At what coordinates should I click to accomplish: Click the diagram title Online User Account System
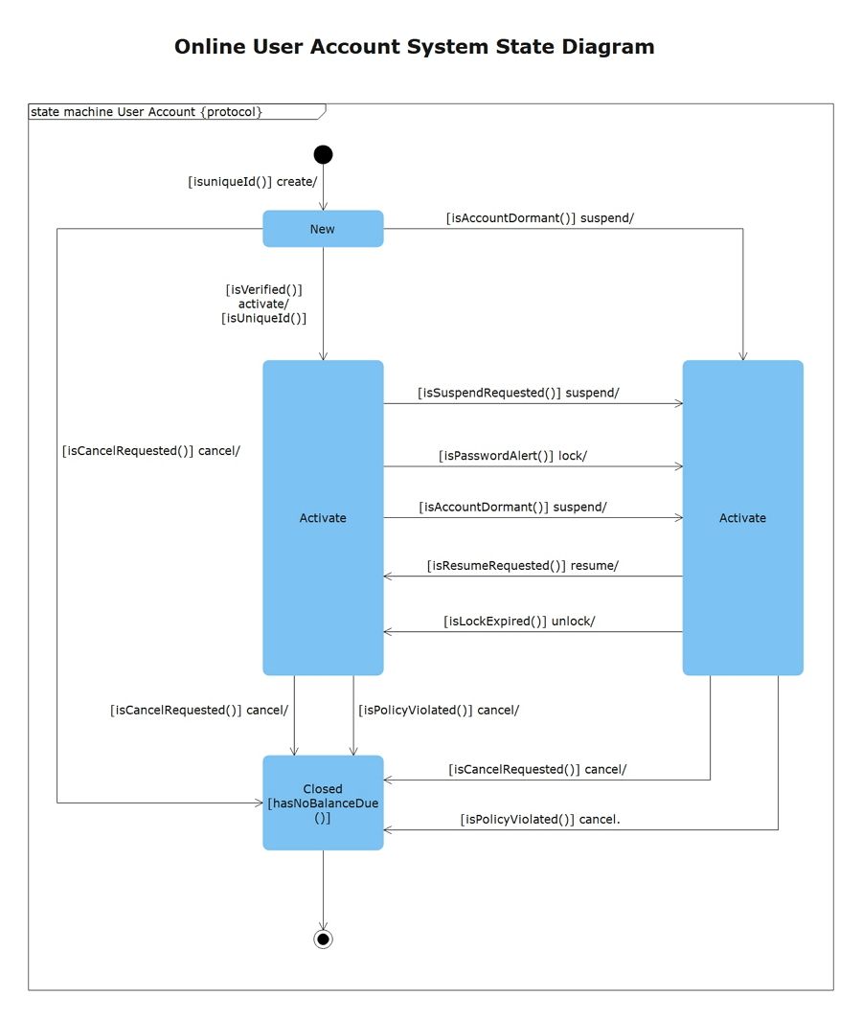point(414,46)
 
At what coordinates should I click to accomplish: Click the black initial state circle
point(323,154)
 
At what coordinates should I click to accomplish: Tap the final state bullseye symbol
point(323,939)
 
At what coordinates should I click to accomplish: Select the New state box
point(323,229)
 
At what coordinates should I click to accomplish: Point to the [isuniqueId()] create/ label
point(252,181)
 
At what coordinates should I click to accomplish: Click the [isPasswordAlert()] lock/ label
point(512,456)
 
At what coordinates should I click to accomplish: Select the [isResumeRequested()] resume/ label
point(522,565)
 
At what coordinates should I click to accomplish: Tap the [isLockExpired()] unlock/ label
point(519,621)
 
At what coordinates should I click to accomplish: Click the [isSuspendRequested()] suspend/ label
point(518,393)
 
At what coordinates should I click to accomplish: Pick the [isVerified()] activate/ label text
point(263,304)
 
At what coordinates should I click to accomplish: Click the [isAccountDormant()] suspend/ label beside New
point(540,217)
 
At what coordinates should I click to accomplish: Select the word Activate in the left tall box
point(323,518)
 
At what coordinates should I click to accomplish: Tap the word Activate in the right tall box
point(742,518)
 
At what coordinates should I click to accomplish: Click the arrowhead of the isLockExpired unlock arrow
point(388,632)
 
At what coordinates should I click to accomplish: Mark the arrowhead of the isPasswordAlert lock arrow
point(679,466)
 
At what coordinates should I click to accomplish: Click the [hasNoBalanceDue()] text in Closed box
point(323,811)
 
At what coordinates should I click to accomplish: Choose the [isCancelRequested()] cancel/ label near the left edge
point(150,449)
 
